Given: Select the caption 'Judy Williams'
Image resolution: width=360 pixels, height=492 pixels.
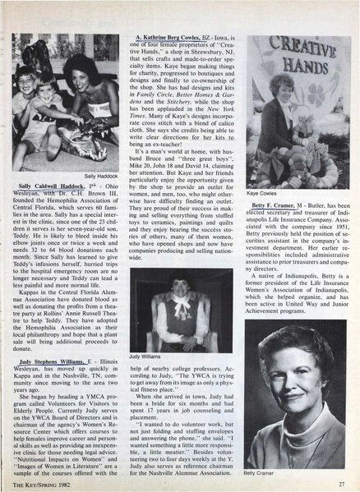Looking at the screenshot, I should [144, 357].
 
